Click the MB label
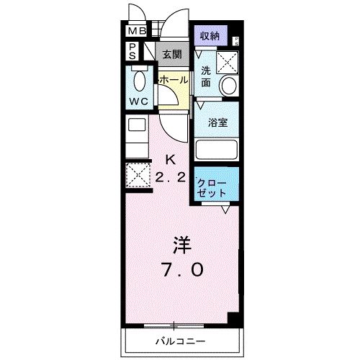[137, 31]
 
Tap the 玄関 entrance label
[171, 54]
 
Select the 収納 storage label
[210, 35]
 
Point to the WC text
[139, 102]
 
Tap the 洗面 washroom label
[207, 76]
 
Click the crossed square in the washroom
[230, 62]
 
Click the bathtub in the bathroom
[217, 149]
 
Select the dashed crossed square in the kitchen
[137, 175]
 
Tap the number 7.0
[181, 270]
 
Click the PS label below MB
[134, 50]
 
